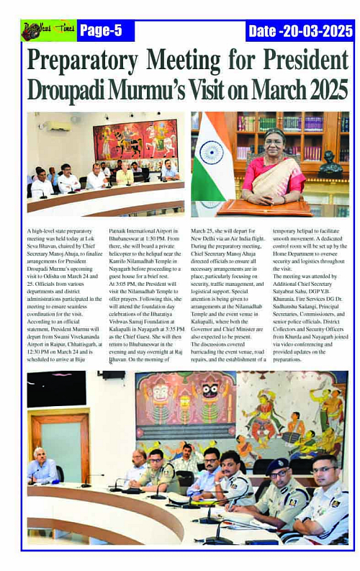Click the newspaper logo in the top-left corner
[48, 30]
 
